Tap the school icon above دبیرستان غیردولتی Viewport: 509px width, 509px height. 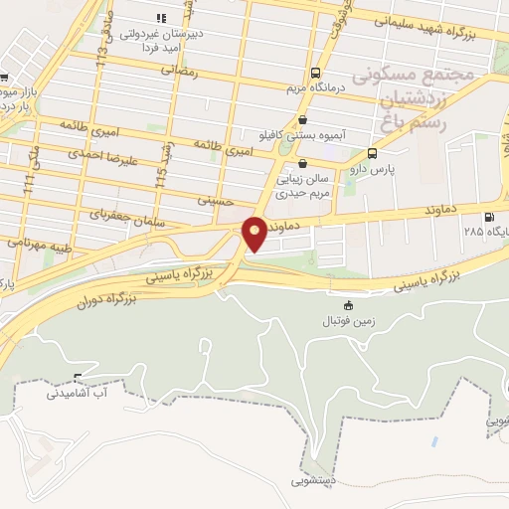[160, 18]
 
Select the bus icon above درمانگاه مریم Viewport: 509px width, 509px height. [315, 73]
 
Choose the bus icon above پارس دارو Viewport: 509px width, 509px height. [372, 154]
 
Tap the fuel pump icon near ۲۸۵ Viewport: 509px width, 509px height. [488, 218]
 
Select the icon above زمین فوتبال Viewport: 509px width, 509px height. [348, 305]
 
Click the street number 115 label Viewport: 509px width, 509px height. [161, 176]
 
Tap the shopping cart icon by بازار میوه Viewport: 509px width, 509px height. [4, 79]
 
